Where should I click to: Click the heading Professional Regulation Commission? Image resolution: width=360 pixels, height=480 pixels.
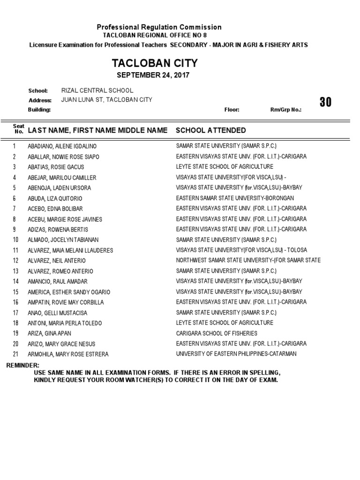159,27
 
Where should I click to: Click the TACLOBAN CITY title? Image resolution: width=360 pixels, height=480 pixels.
154,63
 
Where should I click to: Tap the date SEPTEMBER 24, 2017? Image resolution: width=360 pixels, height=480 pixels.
153,75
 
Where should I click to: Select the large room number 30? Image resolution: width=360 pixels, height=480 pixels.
325,102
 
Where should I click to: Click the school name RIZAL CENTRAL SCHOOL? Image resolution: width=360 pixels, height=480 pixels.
97,90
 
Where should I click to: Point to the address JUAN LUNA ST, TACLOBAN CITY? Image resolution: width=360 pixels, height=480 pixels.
106,100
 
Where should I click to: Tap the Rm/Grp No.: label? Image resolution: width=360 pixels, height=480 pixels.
285,110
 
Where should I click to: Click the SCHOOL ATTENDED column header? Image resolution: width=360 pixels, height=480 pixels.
210,130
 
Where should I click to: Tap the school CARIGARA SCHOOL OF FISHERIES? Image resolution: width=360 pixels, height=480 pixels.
217,333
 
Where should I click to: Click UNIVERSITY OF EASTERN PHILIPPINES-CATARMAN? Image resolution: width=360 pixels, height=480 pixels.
236,354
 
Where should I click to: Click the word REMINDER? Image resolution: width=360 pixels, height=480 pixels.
22,365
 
